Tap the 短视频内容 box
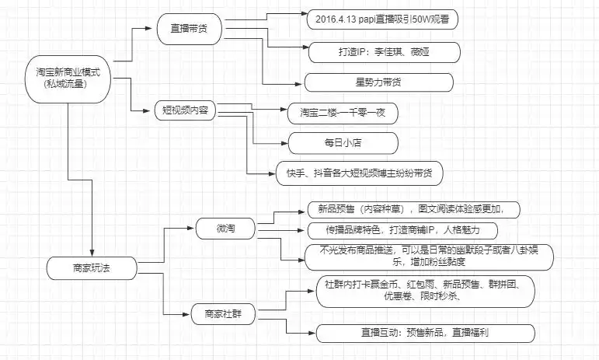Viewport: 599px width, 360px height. pyautogui.click(x=185, y=110)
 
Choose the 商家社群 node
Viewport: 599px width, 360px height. pyautogui.click(x=225, y=315)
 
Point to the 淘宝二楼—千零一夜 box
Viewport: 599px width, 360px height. pyautogui.click(x=343, y=112)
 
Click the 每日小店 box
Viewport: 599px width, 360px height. pyautogui.click(x=343, y=142)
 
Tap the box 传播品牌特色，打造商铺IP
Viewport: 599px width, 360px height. pyautogui.click(x=402, y=231)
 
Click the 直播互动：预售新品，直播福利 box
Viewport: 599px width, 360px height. pyautogui.click(x=425, y=332)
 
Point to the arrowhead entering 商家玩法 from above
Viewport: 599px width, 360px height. pyautogui.click(x=92, y=251)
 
